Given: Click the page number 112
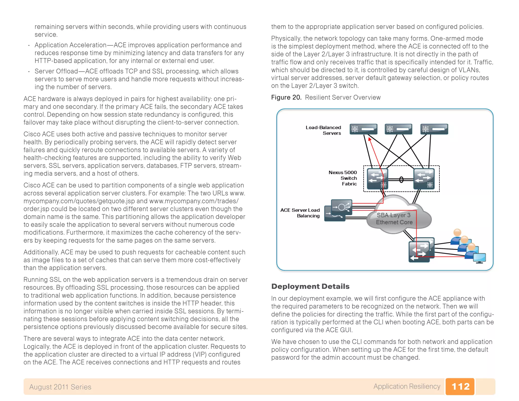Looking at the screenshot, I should tap(460, 386).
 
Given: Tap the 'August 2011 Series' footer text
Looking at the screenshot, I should tap(60, 387).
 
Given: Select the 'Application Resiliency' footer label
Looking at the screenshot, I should tap(406, 386).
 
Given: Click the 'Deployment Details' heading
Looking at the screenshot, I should tap(310, 286).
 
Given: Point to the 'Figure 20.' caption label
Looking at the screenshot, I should tap(286, 98).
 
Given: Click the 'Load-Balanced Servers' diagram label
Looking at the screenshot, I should tap(323, 130).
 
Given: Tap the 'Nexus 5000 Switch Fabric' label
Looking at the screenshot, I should tap(343, 178).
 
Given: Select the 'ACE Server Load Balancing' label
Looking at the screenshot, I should tap(300, 213).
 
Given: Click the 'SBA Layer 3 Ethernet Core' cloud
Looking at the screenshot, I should tap(394, 218).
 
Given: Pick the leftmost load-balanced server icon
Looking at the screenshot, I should tap(363, 129).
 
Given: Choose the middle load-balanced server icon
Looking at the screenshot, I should tap(398, 129).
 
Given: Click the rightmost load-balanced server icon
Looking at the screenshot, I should tap(434, 129).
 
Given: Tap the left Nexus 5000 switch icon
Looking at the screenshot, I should tap(378, 179).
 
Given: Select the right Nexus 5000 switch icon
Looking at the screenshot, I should tap(424, 179).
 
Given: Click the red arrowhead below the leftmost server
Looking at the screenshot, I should tap(369, 139).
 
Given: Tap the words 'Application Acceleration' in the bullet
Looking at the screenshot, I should tap(70, 45).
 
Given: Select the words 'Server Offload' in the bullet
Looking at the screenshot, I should tap(56, 71).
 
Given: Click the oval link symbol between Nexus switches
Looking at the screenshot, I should tap(401, 180).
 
